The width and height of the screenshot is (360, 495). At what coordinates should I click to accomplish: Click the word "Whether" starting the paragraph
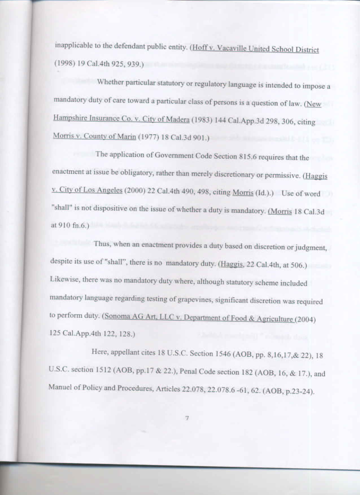pos(110,82)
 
